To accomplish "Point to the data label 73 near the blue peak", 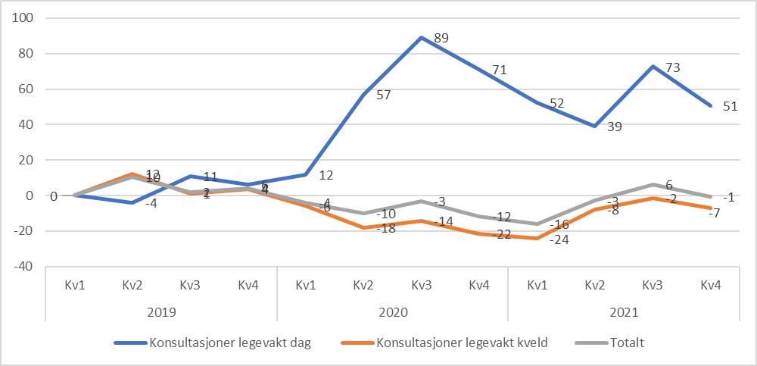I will pos(671,67).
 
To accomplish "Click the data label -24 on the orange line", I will pos(556,239).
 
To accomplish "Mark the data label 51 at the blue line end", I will pos(729,107).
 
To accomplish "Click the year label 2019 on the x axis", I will pos(161,311).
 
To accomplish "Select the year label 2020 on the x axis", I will pos(392,311).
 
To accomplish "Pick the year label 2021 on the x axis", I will pos(623,311).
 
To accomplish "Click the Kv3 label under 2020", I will pos(421,285).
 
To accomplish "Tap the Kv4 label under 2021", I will pos(709,285).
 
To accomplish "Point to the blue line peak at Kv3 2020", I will pos(421,37).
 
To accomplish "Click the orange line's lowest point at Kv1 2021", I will pos(537,238).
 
